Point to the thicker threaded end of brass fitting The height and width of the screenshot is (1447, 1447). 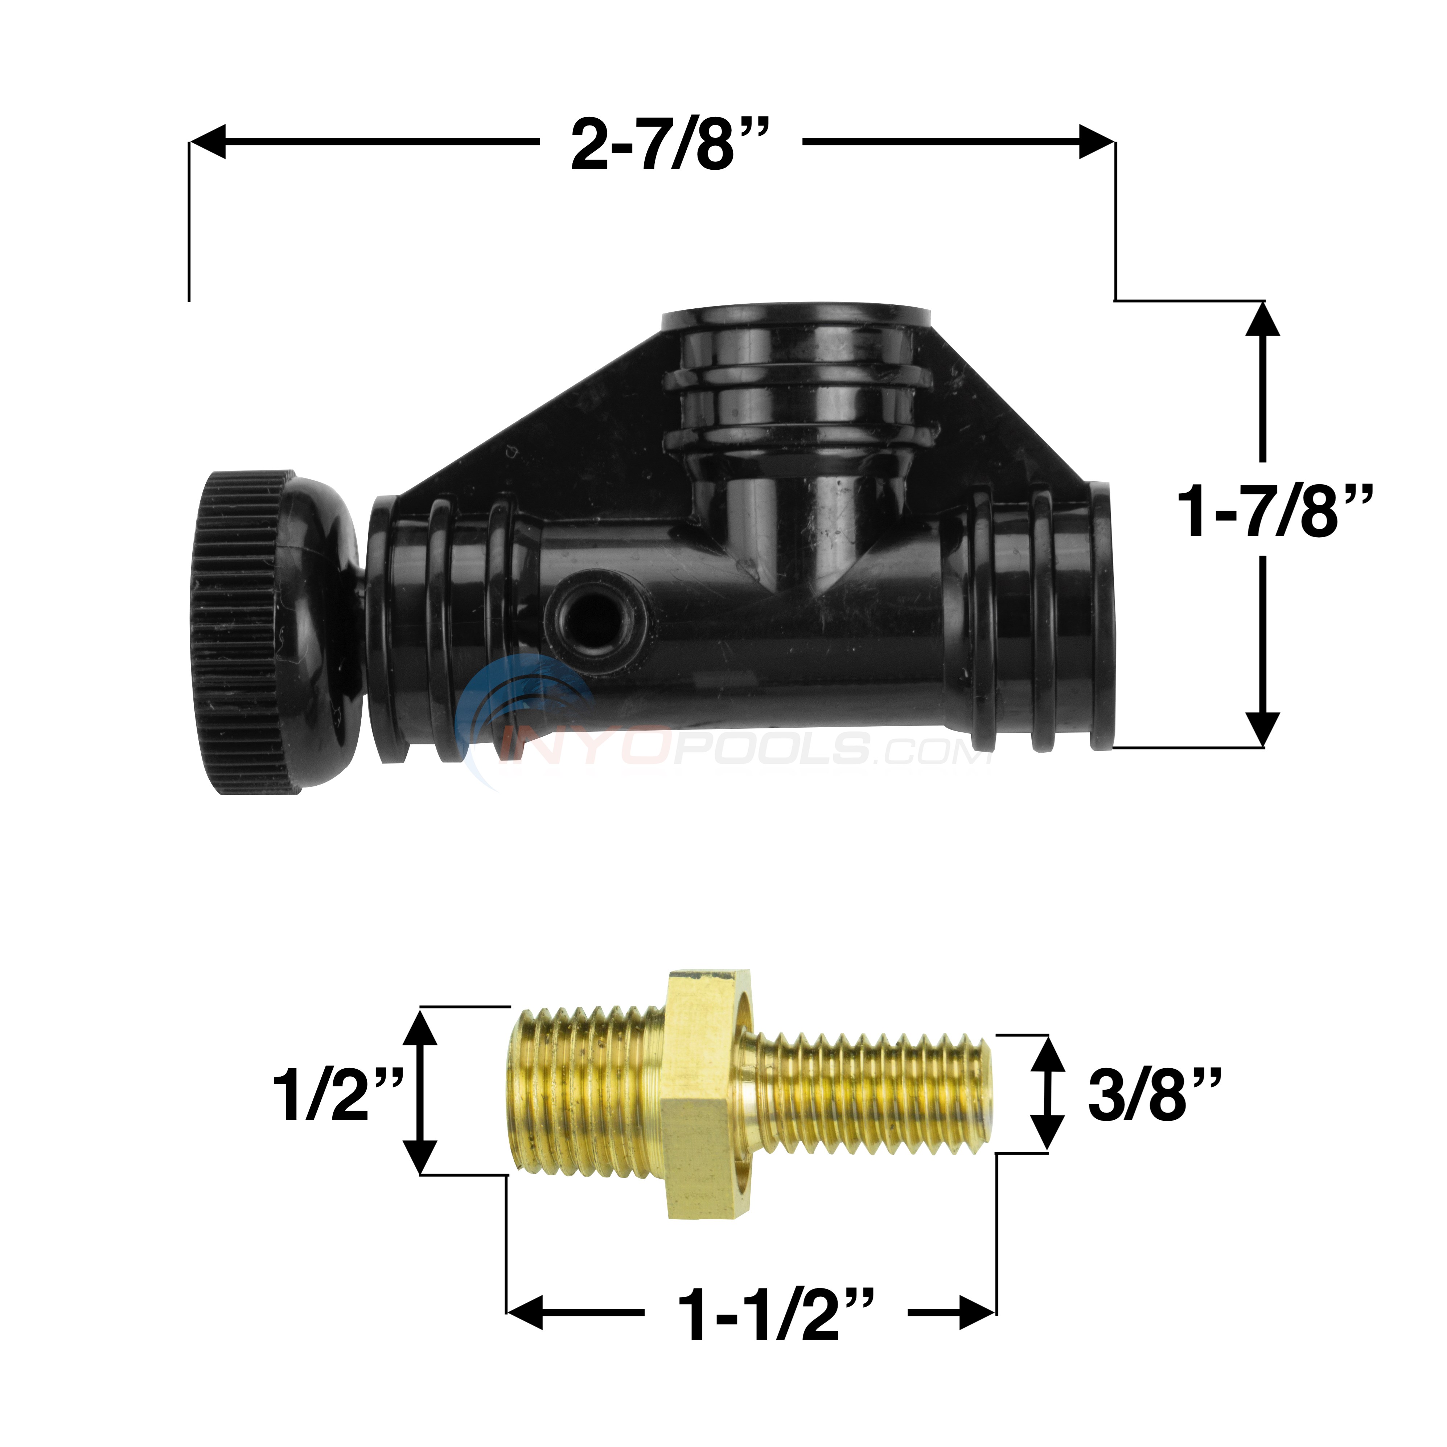pyautogui.click(x=588, y=1093)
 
